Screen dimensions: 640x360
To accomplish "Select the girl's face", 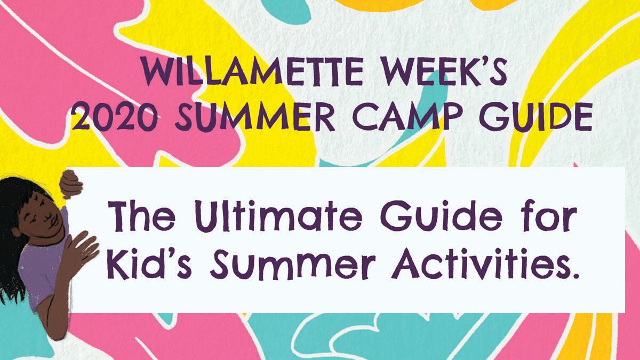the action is coord(43,217).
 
